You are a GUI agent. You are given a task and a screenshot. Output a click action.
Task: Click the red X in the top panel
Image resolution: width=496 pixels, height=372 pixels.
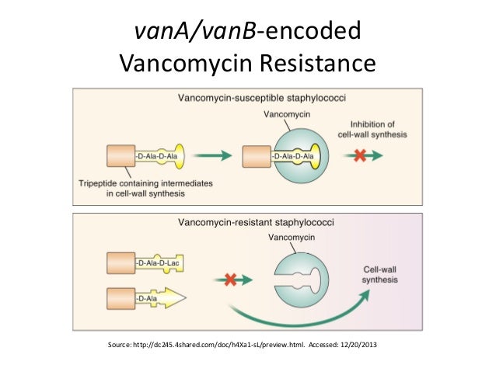[x=359, y=155]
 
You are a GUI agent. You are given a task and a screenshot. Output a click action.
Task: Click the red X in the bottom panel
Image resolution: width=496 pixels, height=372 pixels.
[x=230, y=277]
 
